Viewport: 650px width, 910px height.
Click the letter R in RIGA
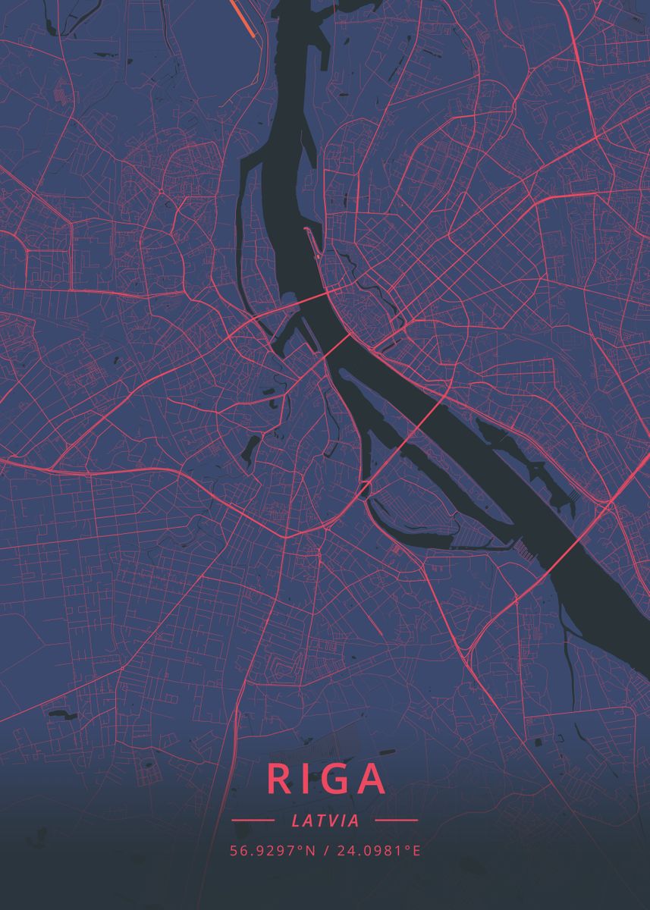click(x=278, y=779)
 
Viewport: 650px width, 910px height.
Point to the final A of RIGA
click(x=372, y=779)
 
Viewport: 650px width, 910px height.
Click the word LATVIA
click(x=325, y=821)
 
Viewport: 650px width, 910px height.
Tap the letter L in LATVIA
click(x=295, y=821)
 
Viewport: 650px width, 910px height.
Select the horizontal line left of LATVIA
click(x=253, y=821)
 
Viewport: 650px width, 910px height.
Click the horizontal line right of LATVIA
click(x=396, y=821)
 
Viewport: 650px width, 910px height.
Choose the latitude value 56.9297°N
click(x=272, y=850)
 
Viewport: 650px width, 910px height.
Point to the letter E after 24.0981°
click(x=416, y=850)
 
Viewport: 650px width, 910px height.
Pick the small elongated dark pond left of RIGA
click(x=58, y=713)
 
